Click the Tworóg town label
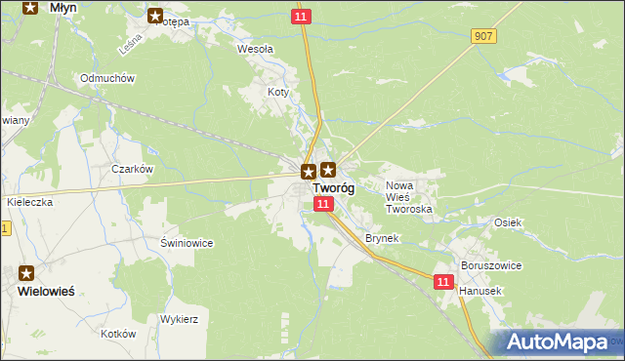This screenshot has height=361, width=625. tap(333, 188)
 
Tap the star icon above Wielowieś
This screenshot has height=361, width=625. tap(27, 274)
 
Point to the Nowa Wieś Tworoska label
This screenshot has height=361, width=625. tap(409, 197)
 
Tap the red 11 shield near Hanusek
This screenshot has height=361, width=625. tap(444, 282)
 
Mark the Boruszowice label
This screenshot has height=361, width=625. tap(491, 265)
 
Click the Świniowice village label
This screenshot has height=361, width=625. tap(187, 243)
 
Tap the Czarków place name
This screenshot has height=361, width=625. tap(133, 169)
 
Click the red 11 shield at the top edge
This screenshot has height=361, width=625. tap(302, 17)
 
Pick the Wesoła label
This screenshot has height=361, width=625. tap(256, 48)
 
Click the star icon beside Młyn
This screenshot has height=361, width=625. tap(30, 8)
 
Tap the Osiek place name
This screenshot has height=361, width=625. tap(508, 222)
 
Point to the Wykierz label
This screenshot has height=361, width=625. tap(180, 319)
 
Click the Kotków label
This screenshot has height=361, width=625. tap(117, 334)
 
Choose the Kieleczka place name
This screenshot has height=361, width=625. tap(29, 201)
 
